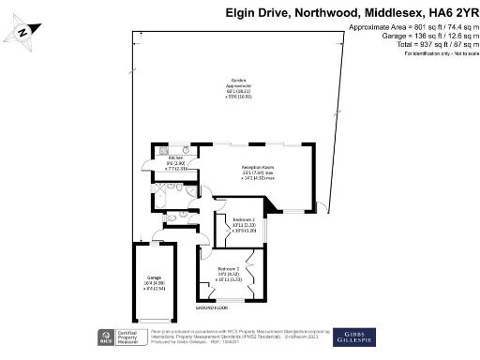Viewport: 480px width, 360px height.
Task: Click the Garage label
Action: (x=155, y=278)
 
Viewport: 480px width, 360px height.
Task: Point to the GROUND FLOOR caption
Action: (x=211, y=307)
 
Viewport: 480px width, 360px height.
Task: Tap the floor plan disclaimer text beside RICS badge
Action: (x=216, y=337)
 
